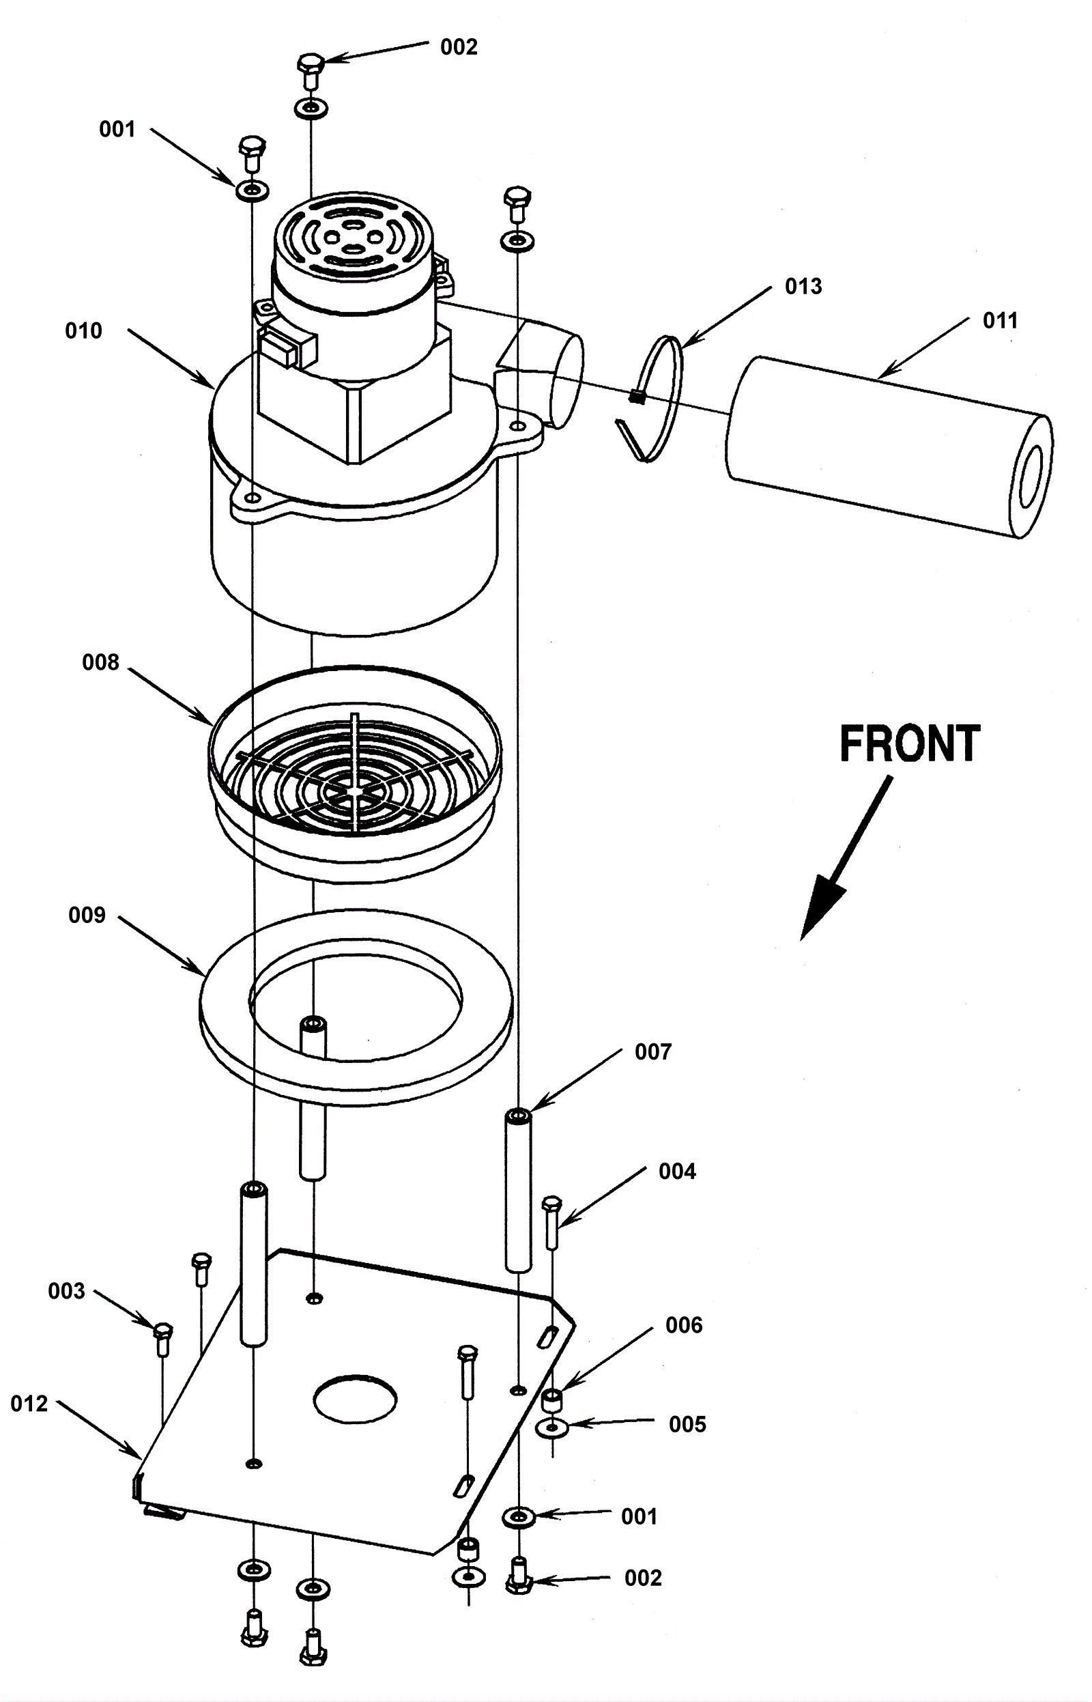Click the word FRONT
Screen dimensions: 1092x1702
910,743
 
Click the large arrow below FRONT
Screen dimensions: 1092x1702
846,858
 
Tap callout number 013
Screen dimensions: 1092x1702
803,287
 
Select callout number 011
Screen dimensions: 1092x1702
1000,321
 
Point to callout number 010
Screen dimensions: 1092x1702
84,330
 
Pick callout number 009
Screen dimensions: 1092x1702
87,915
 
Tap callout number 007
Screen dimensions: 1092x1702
653,1051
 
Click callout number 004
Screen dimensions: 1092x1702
677,1171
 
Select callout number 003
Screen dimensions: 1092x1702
67,1291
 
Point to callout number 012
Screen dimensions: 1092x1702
29,1404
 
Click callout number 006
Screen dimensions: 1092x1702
684,1324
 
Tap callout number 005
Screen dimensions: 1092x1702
688,1424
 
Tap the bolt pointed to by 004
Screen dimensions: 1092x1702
551,1222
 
